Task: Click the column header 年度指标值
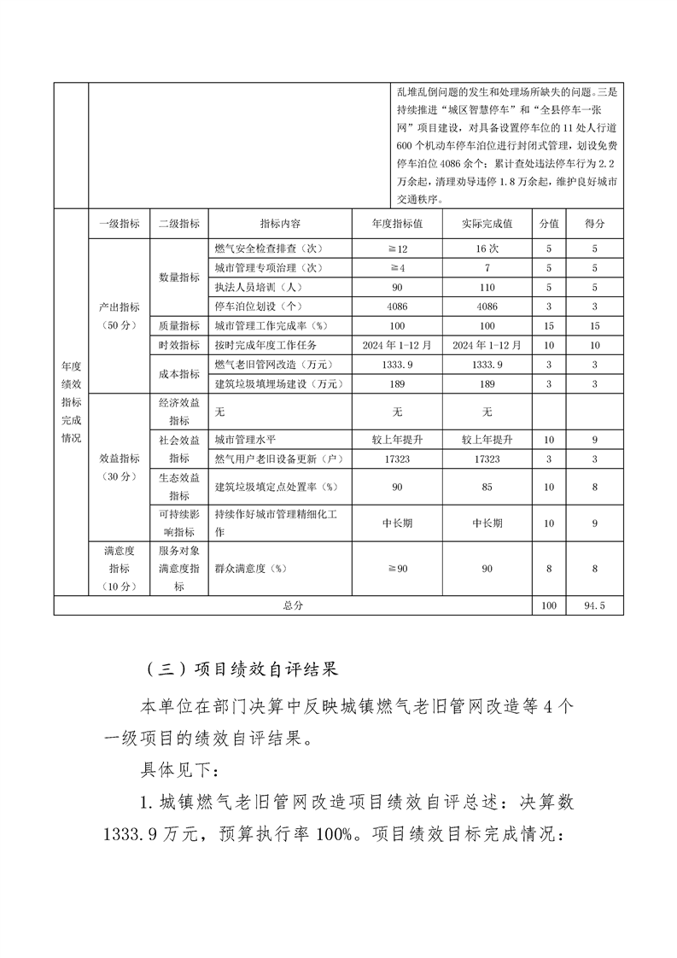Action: pyautogui.click(x=397, y=224)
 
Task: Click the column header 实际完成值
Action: pyautogui.click(x=487, y=224)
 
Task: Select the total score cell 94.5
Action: pyautogui.click(x=594, y=605)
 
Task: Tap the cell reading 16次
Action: pyautogui.click(x=487, y=248)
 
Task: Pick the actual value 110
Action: pyautogui.click(x=487, y=287)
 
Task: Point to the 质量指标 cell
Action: pyautogui.click(x=179, y=325)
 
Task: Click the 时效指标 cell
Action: pyautogui.click(x=179, y=345)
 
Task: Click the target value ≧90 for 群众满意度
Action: pyautogui.click(x=397, y=568)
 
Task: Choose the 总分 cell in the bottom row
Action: pyautogui.click(x=292, y=605)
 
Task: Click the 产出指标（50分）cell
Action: pyautogui.click(x=119, y=316)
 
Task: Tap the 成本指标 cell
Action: pyautogui.click(x=179, y=374)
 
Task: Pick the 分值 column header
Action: pyautogui.click(x=548, y=224)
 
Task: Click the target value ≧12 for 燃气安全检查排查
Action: pyautogui.click(x=397, y=248)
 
